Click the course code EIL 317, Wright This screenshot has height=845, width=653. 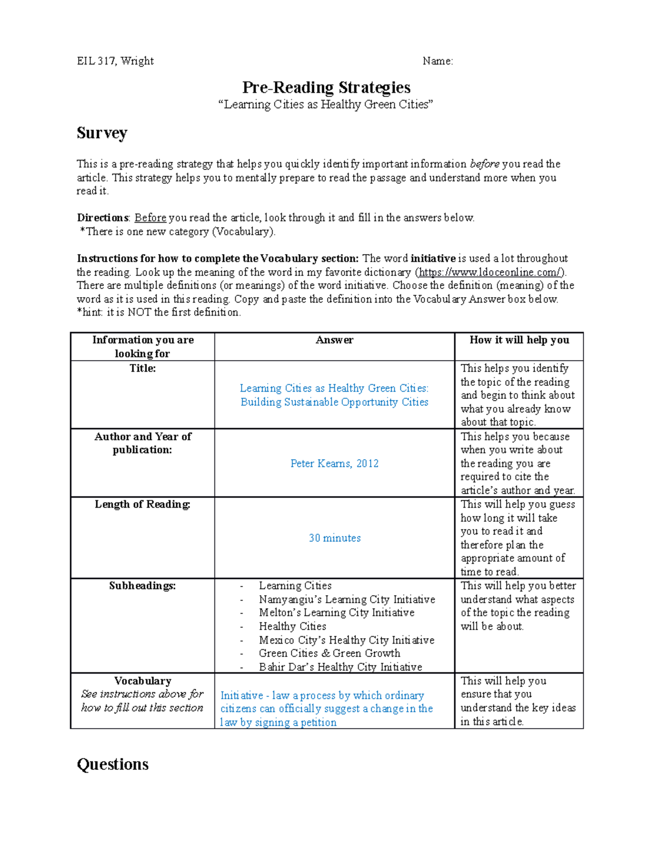(x=115, y=61)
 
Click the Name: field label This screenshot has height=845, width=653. (x=438, y=61)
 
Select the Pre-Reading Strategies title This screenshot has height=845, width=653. (x=326, y=88)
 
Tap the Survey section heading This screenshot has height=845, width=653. (x=102, y=133)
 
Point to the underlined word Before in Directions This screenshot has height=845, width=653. (x=150, y=218)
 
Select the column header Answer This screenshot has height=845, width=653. (x=334, y=340)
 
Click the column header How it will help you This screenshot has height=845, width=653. (x=519, y=340)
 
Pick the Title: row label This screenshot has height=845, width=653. (x=143, y=368)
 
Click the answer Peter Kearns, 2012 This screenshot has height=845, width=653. (x=334, y=464)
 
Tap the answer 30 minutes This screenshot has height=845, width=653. (x=335, y=538)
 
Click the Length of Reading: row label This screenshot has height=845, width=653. (x=143, y=504)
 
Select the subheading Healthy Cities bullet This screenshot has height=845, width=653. (x=292, y=626)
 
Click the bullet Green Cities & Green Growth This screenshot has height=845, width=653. (x=329, y=653)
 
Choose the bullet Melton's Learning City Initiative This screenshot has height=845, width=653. (x=336, y=613)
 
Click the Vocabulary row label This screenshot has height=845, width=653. (x=143, y=681)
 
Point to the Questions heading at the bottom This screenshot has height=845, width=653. (x=113, y=764)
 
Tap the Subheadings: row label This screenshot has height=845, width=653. (x=143, y=586)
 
